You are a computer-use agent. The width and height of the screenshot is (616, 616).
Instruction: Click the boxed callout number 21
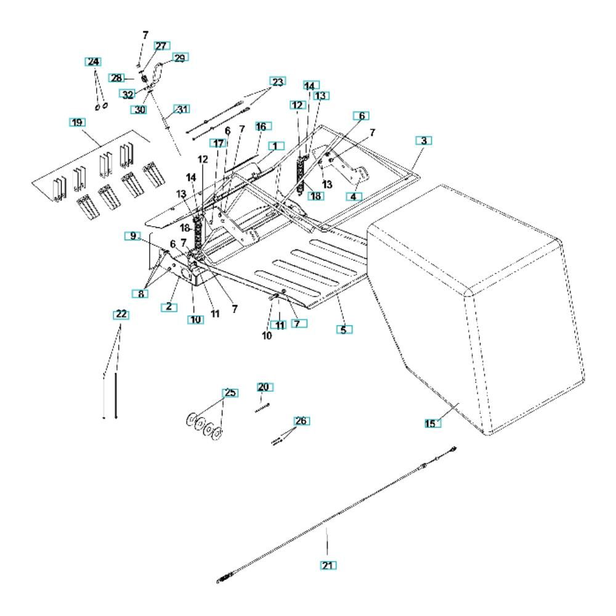pyautogui.click(x=328, y=565)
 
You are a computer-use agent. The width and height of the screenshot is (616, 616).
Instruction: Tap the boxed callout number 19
pyautogui.click(x=77, y=122)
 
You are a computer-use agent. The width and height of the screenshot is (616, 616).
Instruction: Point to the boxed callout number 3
pyautogui.click(x=424, y=140)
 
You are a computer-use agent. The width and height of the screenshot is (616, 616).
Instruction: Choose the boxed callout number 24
pyautogui.click(x=93, y=62)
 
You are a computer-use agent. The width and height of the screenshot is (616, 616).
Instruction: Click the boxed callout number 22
pyautogui.click(x=121, y=314)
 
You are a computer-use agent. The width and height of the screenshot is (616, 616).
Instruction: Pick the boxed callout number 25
pyautogui.click(x=230, y=393)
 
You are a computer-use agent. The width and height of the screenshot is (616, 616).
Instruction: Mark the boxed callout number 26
pyautogui.click(x=301, y=421)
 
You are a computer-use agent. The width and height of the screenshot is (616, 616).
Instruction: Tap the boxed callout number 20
pyautogui.click(x=265, y=387)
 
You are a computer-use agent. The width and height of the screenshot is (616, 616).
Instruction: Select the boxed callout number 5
pyautogui.click(x=344, y=330)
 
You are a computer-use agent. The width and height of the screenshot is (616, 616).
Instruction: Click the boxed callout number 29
pyautogui.click(x=180, y=58)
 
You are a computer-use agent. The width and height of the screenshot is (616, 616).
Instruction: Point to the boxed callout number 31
pyautogui.click(x=182, y=109)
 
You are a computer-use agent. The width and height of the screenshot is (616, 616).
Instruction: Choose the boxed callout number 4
pyautogui.click(x=354, y=197)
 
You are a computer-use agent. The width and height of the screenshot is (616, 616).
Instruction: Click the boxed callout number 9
pyautogui.click(x=133, y=236)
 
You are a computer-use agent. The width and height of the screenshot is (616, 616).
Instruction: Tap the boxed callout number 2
pyautogui.click(x=169, y=307)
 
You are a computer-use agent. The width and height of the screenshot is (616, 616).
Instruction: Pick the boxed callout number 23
pyautogui.click(x=278, y=82)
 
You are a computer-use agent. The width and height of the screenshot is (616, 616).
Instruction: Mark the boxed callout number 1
pyautogui.click(x=276, y=146)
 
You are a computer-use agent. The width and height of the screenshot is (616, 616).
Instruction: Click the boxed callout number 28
pyautogui.click(x=116, y=78)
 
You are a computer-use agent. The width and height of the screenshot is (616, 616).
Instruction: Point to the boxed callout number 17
pyautogui.click(x=218, y=144)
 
